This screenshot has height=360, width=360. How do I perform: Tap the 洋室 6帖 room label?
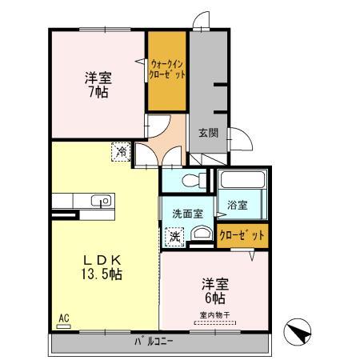[212, 289]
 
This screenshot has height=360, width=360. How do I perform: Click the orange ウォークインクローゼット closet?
[166, 71]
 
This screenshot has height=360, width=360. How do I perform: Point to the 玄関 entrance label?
[208, 133]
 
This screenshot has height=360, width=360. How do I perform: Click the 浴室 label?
[236, 205]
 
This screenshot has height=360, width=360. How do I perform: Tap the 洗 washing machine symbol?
[174, 237]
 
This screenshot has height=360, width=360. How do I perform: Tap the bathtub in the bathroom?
[242, 180]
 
